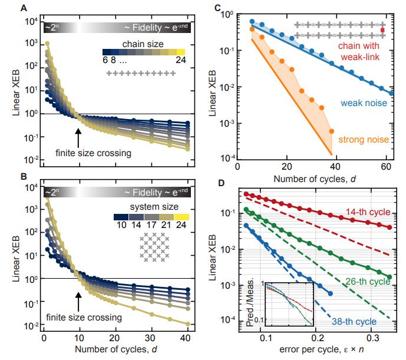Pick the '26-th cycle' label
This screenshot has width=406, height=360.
click(x=368, y=282)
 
